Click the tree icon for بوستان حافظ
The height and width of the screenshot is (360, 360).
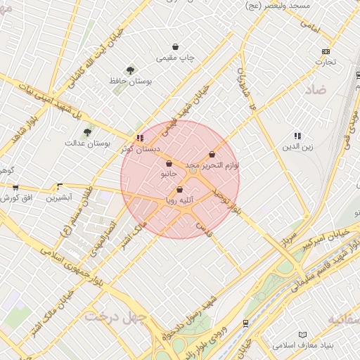pos(130,70)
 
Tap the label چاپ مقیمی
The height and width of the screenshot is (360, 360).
pos(176,57)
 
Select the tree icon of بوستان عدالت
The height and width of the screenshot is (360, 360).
pos(87,131)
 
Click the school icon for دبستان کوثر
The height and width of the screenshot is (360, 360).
pos(140,138)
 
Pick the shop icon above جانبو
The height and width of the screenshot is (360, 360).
pos(169,163)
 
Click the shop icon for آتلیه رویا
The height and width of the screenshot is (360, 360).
pos(179,189)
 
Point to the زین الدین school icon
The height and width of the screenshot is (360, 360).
pos(297,136)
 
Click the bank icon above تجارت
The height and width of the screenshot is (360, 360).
pos(325,51)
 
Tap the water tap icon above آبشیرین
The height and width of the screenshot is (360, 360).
pos(59,187)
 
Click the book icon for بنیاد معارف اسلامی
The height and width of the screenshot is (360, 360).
pos(302,335)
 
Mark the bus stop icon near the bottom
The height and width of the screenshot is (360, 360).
pos(245,323)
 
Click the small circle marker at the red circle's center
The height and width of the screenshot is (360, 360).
pos(193,171)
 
